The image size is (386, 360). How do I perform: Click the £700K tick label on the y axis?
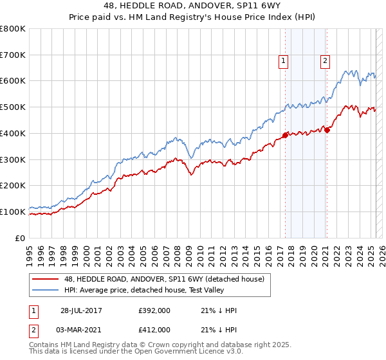[13, 55]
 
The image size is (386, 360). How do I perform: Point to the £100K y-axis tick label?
[13, 212]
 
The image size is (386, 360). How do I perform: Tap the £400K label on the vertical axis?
[13, 133]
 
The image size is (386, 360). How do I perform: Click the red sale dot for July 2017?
[285, 135]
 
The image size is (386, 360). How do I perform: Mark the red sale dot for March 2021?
[327, 130]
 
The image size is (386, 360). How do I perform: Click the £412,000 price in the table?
[154, 330]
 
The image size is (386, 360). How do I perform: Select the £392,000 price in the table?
[154, 311]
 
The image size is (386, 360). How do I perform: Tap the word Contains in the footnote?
[44, 346]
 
